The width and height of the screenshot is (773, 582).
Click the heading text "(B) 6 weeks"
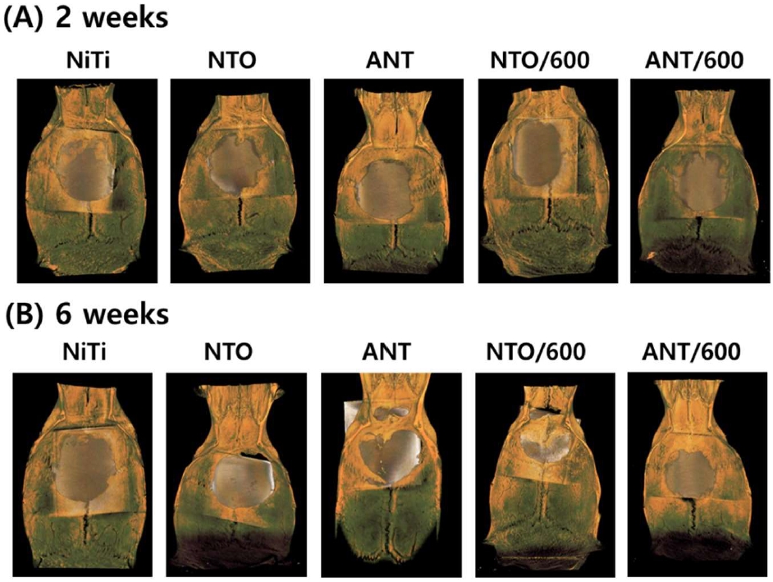point(87,314)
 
